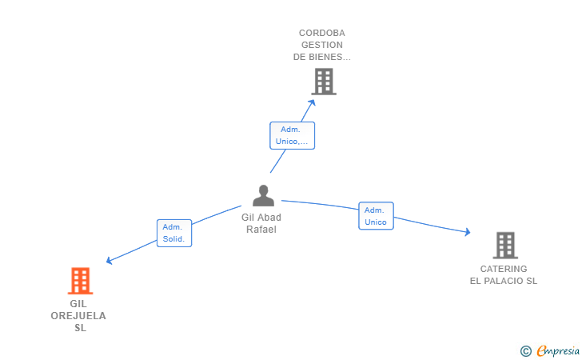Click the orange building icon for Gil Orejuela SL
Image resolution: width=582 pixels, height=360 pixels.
80,281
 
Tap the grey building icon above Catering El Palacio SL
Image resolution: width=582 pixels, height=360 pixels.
505,246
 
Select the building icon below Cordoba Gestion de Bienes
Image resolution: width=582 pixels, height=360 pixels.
324,82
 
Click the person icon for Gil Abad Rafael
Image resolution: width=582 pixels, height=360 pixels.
263,195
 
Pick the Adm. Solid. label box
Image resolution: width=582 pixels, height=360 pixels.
174,233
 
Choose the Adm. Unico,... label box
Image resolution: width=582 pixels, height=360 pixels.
292,136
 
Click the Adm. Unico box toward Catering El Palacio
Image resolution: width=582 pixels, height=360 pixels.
376,216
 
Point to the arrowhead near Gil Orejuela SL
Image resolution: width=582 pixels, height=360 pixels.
109,261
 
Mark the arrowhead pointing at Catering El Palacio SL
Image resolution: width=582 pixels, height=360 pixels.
468,232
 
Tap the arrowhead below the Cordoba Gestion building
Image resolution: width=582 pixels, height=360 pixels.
312,102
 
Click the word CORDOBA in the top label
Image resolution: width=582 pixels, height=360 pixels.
322,33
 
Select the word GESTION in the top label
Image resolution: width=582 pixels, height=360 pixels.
322,45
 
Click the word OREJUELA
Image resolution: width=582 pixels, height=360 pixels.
78,316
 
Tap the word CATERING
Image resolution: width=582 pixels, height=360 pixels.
504,269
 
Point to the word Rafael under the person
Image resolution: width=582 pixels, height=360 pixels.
261,230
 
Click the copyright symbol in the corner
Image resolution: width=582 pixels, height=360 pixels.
525,351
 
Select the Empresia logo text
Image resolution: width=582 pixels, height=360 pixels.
558,351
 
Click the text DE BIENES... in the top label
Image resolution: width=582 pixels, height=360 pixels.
322,57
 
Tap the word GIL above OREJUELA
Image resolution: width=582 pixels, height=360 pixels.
78,304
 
